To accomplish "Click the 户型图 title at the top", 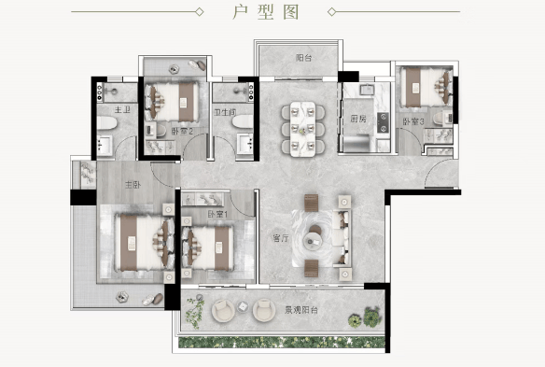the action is click(x=266, y=12).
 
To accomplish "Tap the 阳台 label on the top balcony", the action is click(x=304, y=58).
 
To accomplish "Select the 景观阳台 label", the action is click(x=301, y=310).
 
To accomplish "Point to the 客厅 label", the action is click(x=281, y=238).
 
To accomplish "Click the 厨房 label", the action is click(x=358, y=119).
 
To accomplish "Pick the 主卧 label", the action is click(x=133, y=184).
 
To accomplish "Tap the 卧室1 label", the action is click(x=217, y=214).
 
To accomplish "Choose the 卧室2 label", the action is click(x=182, y=131).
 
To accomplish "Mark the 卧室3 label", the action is click(x=413, y=121).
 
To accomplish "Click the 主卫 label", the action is click(x=122, y=110).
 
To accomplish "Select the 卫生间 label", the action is click(x=225, y=112).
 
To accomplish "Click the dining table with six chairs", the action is click(x=302, y=129).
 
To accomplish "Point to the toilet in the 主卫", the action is click(x=107, y=122).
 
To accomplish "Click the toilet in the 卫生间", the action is click(x=243, y=121).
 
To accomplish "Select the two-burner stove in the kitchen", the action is click(x=383, y=122).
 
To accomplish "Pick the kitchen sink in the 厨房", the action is click(x=367, y=90).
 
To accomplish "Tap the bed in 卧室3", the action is click(x=426, y=87).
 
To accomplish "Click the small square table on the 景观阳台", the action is click(x=243, y=307).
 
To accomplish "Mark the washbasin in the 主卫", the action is click(x=105, y=146).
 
